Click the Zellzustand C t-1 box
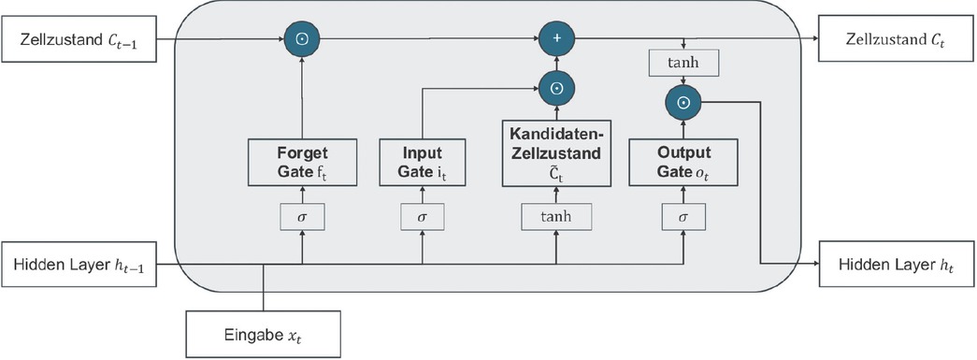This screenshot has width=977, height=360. [79, 40]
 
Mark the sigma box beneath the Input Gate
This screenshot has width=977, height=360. [423, 216]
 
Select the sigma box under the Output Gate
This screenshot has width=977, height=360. [683, 216]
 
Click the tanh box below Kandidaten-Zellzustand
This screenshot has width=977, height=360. [556, 216]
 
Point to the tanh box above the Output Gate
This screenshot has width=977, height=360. [683, 63]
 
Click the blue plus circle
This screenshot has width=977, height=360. [556, 40]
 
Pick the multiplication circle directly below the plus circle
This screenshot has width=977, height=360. [556, 89]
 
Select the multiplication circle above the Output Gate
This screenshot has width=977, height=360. [683, 103]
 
